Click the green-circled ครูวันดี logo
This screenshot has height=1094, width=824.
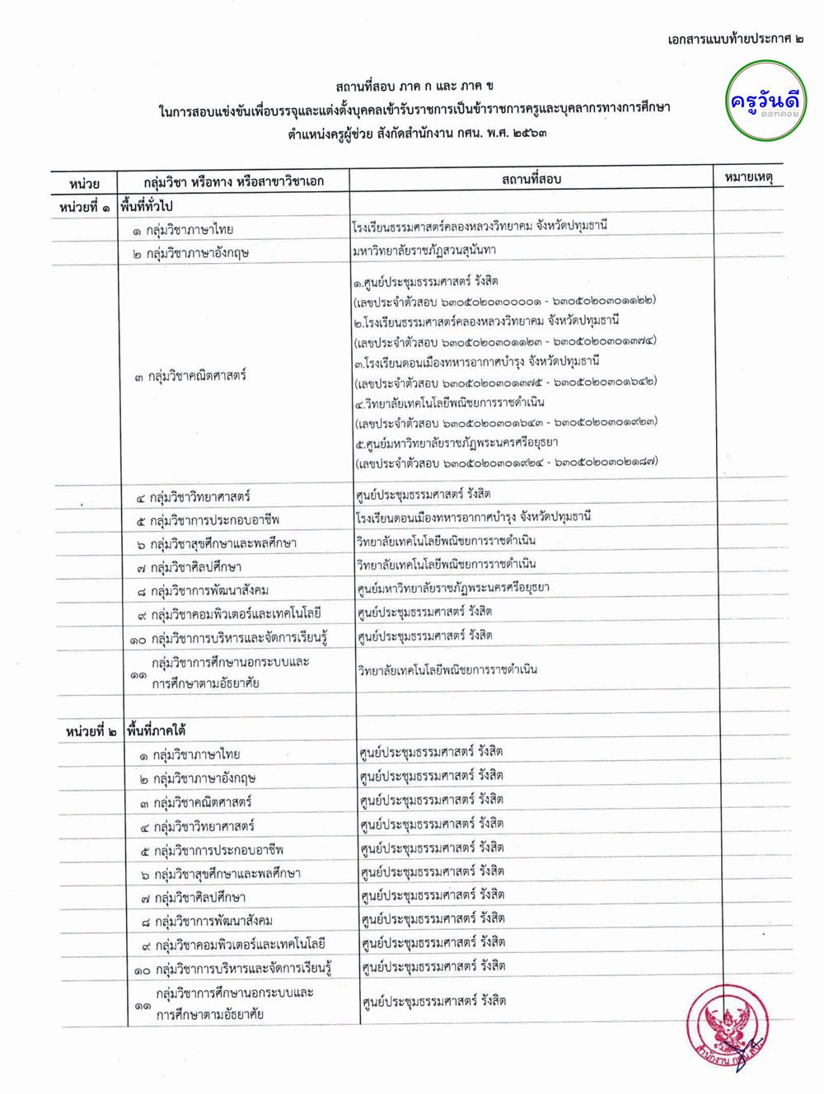click(x=765, y=102)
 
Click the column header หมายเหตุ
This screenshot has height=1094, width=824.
click(x=748, y=177)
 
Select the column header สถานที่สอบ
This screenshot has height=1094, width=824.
click(x=531, y=179)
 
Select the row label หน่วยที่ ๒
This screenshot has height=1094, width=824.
click(x=91, y=731)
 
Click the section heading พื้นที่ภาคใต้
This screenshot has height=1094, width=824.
click(x=157, y=730)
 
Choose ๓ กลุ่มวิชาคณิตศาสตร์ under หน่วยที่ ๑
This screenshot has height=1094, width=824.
click(x=190, y=376)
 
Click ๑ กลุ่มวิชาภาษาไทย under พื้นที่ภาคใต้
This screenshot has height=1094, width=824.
click(x=190, y=754)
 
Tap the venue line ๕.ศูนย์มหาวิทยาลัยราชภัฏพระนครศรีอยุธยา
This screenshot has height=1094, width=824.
click(x=456, y=443)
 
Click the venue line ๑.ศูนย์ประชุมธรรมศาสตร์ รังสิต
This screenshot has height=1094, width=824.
click(x=425, y=281)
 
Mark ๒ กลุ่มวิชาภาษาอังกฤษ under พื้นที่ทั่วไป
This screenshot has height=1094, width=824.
click(x=190, y=253)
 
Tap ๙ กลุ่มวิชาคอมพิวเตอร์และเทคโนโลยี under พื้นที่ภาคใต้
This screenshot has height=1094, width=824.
click(x=232, y=944)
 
